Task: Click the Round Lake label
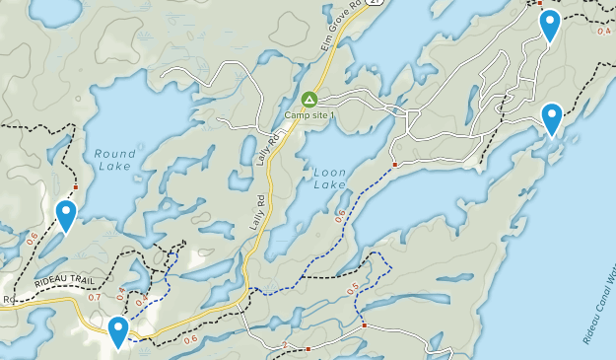[x=115, y=160]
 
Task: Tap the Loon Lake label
[x=330, y=178]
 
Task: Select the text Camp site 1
[x=310, y=115]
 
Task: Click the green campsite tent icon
[x=309, y=100]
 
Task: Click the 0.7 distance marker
[x=95, y=297]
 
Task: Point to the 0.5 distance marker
[x=354, y=288]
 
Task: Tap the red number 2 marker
[x=286, y=345]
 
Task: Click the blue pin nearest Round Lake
[x=66, y=214]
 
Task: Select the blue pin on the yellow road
[x=118, y=330]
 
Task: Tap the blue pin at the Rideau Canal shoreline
[x=552, y=117]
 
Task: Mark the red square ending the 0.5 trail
[x=364, y=324]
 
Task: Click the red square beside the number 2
[x=308, y=348]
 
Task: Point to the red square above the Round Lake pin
[x=75, y=186]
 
